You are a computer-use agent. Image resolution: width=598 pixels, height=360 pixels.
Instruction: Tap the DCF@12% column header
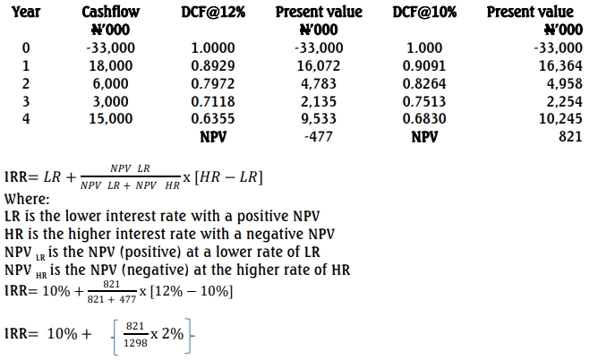214,13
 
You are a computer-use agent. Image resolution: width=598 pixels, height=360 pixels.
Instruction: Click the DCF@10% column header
423,13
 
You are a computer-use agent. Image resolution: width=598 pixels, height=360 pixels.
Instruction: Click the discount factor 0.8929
214,64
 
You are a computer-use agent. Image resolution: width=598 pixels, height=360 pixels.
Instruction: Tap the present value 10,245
561,118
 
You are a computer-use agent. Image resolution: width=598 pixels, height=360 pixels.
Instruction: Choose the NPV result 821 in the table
569,136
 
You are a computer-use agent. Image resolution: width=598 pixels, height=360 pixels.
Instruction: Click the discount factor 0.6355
214,118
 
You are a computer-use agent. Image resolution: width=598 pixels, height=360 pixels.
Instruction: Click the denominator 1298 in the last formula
135,343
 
